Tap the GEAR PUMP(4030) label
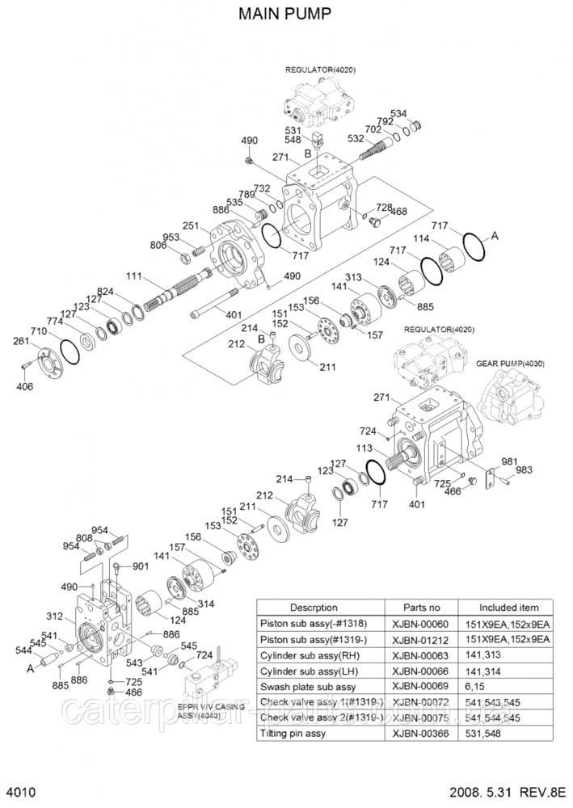[511, 364]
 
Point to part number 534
[421, 113]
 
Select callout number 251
[191, 225]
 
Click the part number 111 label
[133, 276]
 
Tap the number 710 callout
[39, 332]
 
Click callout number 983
[525, 470]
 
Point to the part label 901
[141, 566]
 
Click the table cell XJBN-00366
[417, 733]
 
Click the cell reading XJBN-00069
[417, 685]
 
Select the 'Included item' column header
[508, 608]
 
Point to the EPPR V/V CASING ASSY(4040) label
[211, 710]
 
